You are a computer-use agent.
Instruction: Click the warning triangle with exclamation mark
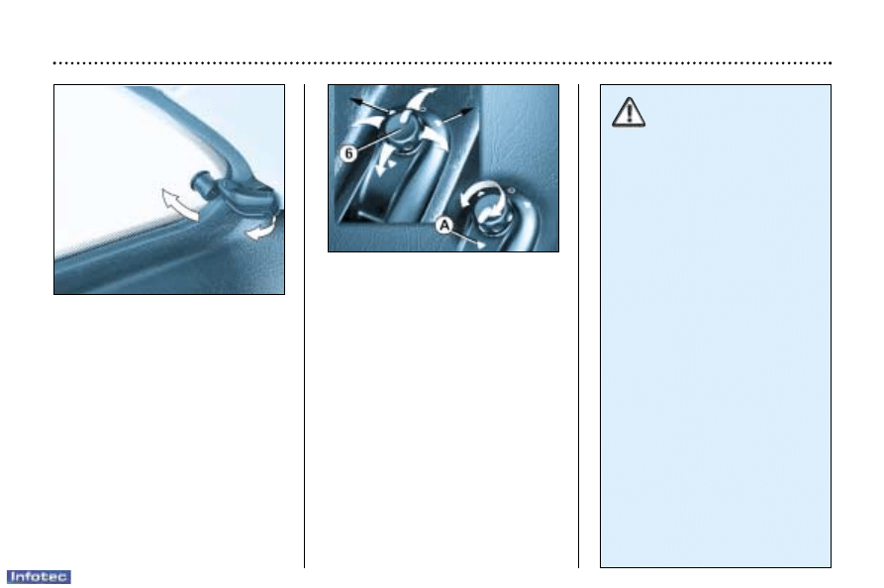coord(628,112)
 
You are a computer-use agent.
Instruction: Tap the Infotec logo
coord(39,577)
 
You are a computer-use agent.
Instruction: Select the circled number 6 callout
coord(349,152)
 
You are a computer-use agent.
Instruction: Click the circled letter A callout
coord(444,226)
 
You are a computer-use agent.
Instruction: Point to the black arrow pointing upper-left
coord(368,105)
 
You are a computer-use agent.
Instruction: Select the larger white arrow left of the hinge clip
coord(179,205)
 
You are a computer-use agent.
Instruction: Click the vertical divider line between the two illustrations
coord(305,326)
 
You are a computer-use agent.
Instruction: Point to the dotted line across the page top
coord(442,63)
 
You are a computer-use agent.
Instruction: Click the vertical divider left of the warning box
coord(578,326)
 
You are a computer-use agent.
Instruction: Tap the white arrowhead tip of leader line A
coord(483,245)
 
